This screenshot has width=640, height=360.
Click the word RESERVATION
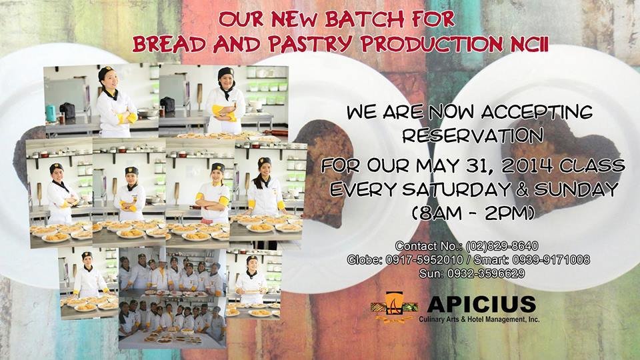473,135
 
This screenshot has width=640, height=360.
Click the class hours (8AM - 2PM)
473,213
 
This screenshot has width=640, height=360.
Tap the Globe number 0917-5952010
424,259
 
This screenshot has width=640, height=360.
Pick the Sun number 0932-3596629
486,273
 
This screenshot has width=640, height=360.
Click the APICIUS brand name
481,304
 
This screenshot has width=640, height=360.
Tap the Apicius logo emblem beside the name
394,307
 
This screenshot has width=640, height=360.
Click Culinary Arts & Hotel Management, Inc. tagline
479,319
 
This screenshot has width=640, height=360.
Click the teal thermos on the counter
51,113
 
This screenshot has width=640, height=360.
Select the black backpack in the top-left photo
67,111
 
